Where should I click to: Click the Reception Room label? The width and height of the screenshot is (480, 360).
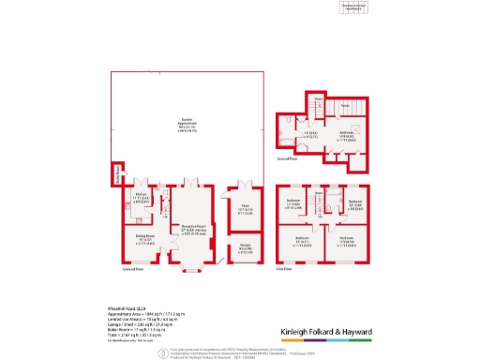point(187,231)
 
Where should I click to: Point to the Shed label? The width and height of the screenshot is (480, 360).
point(241,211)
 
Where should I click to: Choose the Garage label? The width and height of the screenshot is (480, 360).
point(241,249)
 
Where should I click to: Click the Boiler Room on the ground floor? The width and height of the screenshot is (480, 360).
point(119,175)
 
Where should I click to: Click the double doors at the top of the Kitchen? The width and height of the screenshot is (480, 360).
point(142,181)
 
